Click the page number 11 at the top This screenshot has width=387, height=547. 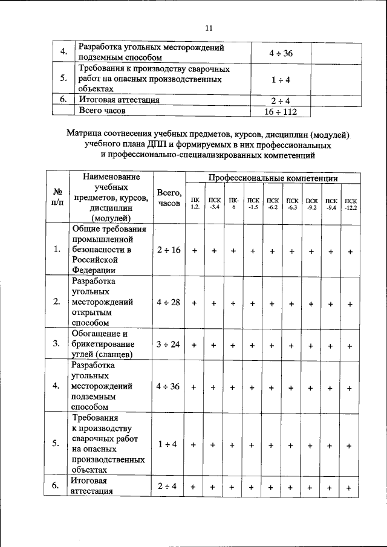(209, 28)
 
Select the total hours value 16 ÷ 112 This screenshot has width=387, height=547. (281, 111)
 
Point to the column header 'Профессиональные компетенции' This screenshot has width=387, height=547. (273, 178)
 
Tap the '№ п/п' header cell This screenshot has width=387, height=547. (56, 196)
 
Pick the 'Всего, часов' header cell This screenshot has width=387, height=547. (168, 198)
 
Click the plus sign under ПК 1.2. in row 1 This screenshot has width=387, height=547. (195, 251)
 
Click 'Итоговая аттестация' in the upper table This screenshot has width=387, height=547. (119, 100)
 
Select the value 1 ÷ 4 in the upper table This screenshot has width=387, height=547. (281, 79)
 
